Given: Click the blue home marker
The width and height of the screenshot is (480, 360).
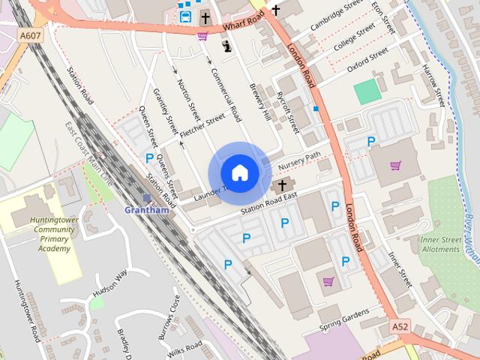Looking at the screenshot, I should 239,172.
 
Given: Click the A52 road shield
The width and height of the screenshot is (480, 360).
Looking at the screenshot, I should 400,328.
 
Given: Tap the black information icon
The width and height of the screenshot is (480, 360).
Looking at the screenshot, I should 226,46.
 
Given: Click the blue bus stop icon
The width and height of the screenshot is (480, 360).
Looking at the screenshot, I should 185,16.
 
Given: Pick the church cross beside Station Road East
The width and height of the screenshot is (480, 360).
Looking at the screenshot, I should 282,184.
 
